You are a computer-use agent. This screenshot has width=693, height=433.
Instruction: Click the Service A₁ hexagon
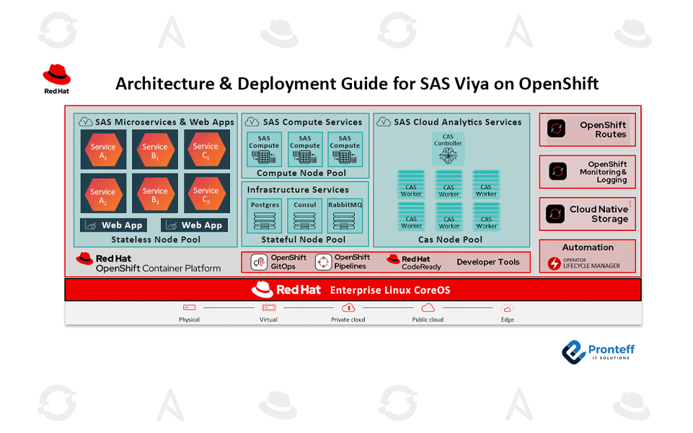103,150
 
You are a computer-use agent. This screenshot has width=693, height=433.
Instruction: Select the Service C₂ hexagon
206,194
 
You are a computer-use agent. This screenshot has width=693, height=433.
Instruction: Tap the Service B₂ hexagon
155,194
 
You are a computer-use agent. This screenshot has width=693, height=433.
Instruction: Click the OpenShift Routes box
587,130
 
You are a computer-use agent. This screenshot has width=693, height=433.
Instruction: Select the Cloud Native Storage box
587,214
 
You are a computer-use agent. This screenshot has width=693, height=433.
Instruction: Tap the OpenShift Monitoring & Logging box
587,172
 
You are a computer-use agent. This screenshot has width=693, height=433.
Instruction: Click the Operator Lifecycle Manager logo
555,263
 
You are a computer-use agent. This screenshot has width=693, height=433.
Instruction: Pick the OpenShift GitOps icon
259,262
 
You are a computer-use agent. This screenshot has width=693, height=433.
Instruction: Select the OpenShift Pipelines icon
323,262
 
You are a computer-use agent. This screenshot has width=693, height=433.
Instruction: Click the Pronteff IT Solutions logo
599,351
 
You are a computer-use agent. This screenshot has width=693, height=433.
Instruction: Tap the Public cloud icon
428,308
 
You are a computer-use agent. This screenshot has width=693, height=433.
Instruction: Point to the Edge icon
508,308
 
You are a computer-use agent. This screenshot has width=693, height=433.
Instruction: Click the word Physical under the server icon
190,320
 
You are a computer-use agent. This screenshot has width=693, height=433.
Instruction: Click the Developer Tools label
488,262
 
